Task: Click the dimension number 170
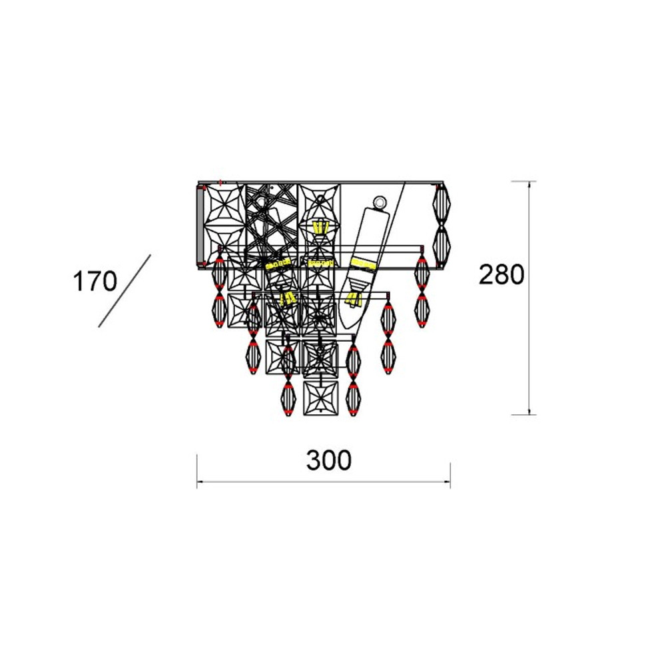(95, 281)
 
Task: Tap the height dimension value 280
(501, 274)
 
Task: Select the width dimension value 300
(329, 460)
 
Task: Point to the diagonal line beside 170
(125, 291)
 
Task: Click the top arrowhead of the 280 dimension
(529, 184)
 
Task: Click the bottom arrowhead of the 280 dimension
(529, 411)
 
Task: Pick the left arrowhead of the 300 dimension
(200, 482)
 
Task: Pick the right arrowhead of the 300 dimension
(446, 482)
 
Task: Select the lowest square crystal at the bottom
(321, 398)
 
